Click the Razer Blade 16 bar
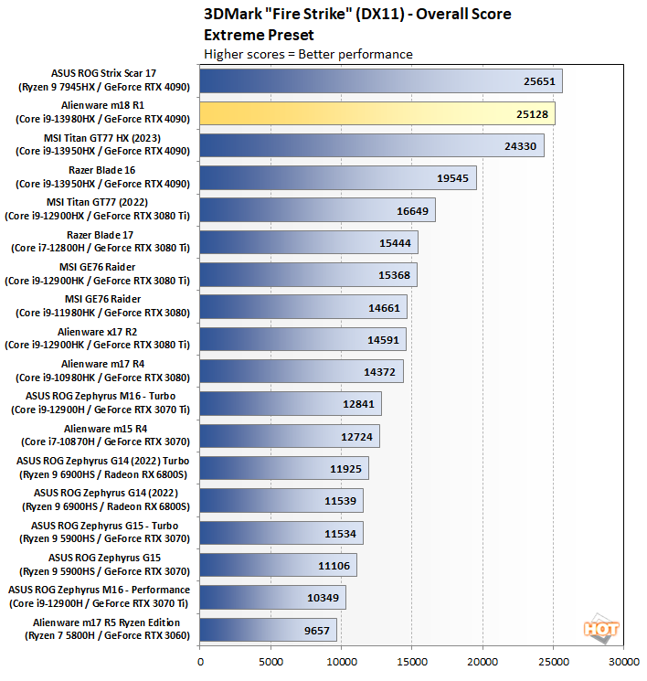[337, 177]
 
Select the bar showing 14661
[302, 306]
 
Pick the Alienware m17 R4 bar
[301, 370]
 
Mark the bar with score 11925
[283, 467]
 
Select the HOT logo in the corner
[600, 629]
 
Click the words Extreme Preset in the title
[260, 35]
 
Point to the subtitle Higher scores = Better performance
[309, 54]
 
